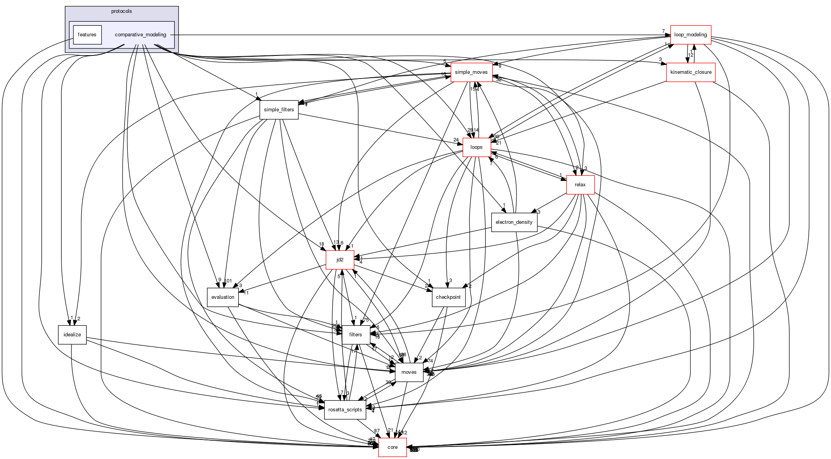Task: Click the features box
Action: [x=87, y=35]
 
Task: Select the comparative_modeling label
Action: [x=141, y=35]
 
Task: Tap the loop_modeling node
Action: [x=690, y=35]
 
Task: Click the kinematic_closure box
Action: [x=690, y=72]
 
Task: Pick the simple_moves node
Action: [x=471, y=72]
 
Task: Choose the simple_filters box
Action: [x=279, y=110]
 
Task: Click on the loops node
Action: [x=476, y=147]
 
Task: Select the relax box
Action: [x=580, y=185]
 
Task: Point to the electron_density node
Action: [x=514, y=222]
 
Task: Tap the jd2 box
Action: [x=340, y=260]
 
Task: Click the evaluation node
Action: [x=223, y=297]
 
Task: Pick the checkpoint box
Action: [x=448, y=297]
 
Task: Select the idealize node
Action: [x=72, y=335]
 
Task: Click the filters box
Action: [x=355, y=335]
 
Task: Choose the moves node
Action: [x=409, y=372]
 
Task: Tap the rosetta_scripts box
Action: [x=345, y=410]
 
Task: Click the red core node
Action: [x=392, y=447]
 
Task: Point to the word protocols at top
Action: [x=121, y=11]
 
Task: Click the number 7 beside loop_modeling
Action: [x=663, y=31]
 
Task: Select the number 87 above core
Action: [x=376, y=430]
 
